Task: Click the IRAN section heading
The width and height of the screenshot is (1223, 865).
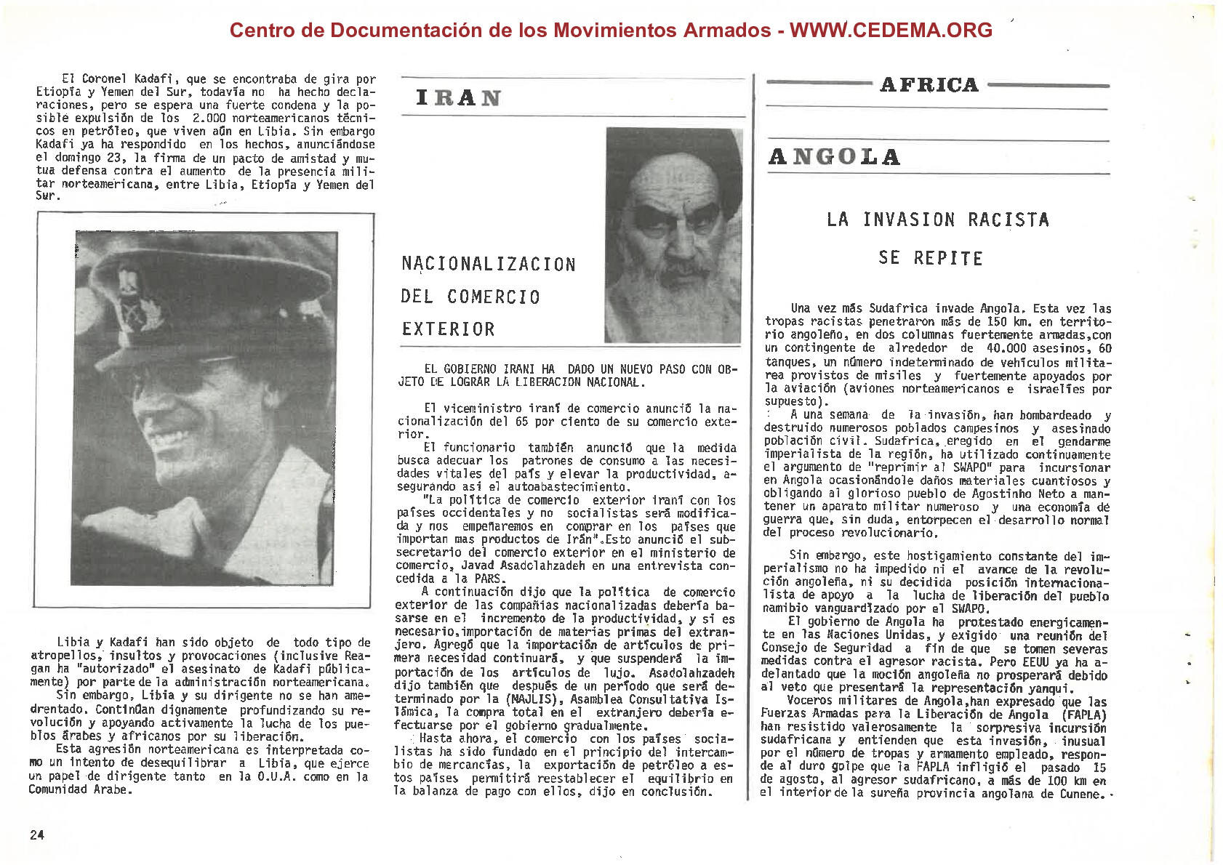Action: coord(458,98)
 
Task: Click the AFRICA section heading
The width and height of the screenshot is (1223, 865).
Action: coord(929,85)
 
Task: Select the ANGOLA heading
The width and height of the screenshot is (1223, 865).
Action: coord(834,157)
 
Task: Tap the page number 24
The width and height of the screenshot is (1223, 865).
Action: coord(37,834)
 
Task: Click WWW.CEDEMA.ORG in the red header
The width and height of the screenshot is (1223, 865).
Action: coord(891,30)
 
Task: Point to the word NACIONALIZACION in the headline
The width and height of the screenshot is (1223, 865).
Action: coord(489,264)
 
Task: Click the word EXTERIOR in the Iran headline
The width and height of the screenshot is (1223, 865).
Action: coord(448,329)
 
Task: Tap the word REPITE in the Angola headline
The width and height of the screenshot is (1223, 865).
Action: coord(948,258)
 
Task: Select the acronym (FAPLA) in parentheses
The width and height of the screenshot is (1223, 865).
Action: coord(1084,715)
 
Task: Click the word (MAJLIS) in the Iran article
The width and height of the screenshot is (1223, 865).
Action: coord(534,699)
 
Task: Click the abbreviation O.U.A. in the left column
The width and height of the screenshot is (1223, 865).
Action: coord(276,776)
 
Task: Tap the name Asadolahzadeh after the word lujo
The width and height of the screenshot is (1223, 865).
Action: coord(691,673)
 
